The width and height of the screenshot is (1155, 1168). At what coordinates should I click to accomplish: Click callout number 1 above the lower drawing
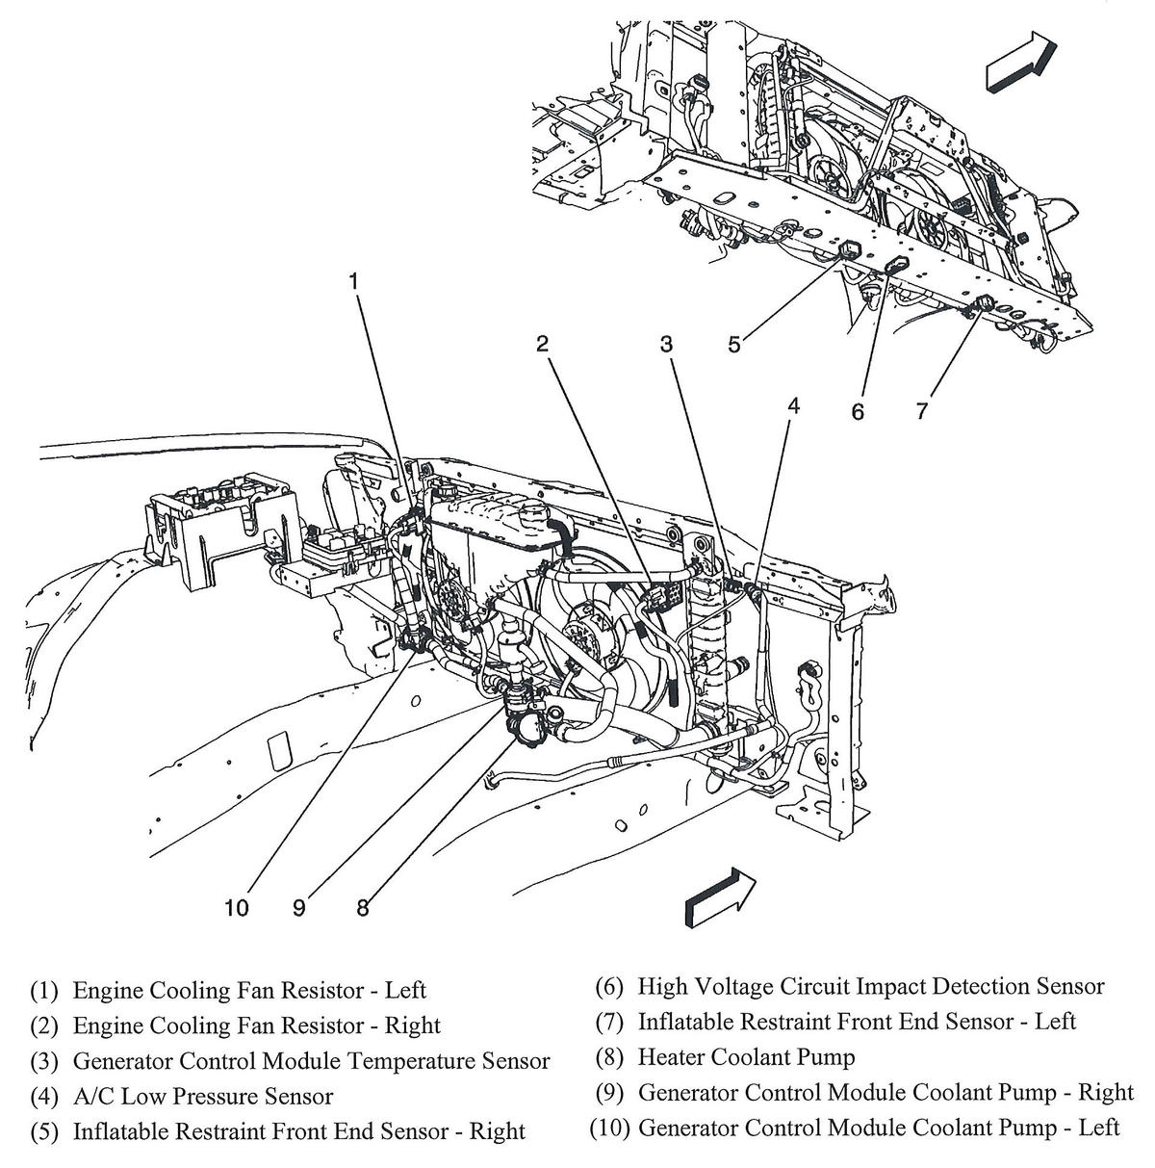(353, 281)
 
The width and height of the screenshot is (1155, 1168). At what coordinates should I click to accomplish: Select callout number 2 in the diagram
(543, 344)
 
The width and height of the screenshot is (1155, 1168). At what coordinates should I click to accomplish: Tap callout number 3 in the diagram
(665, 344)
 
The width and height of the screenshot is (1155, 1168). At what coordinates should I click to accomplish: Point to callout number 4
(793, 406)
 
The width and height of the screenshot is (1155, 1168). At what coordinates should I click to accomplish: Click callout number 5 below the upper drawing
(734, 345)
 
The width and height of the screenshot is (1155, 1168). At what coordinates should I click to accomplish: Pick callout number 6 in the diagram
(858, 411)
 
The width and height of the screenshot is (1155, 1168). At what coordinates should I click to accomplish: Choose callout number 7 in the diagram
(921, 411)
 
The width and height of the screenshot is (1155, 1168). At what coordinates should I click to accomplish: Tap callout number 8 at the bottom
(363, 907)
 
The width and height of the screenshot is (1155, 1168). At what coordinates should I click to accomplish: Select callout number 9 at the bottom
(299, 907)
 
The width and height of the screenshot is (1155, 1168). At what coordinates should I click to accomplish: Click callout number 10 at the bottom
(237, 907)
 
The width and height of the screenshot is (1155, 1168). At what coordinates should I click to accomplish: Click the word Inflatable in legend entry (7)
(685, 1021)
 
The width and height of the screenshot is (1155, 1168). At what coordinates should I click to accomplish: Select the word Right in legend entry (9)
(1105, 1092)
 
